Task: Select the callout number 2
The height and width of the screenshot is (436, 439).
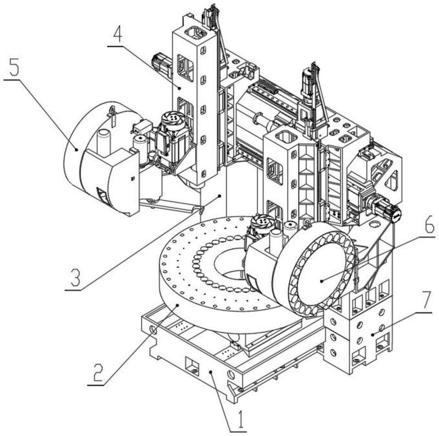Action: pos(98,373)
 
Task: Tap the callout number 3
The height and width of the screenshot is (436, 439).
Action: pos(75,278)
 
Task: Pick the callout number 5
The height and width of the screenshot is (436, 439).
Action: pos(14,67)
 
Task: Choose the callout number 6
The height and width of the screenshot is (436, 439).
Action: pos(429,224)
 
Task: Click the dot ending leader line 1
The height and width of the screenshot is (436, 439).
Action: pos(211,372)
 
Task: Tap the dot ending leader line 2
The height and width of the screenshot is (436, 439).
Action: pos(177,305)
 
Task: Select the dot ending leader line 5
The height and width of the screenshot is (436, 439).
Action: pos(76,149)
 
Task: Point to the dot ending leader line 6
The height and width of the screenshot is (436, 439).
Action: pos(322,281)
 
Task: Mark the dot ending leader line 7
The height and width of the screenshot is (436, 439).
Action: pos(373,334)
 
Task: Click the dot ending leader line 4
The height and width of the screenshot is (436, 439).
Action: pos(179,88)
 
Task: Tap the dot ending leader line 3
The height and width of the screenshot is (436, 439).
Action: pos(220,195)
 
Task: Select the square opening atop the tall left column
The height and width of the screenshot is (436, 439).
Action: pos(196,33)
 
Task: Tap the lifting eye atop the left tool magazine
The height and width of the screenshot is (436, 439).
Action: pos(112,109)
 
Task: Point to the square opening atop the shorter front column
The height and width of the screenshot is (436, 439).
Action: pos(286,137)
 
